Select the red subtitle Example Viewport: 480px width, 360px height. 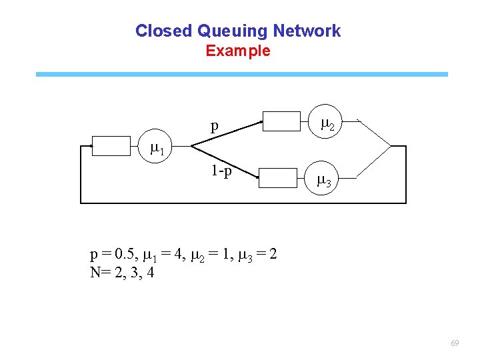pos(238,51)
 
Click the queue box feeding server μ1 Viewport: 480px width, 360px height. pos(111,145)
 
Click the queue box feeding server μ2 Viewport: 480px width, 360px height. pos(282,121)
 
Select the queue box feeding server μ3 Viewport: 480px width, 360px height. pos(277,178)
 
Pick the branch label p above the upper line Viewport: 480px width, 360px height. pos(214,125)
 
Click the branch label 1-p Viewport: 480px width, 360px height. pos(221,171)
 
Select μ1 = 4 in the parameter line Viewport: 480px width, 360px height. pos(164,255)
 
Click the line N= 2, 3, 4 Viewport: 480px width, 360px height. pos(122,272)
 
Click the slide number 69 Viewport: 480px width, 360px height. pos(455,343)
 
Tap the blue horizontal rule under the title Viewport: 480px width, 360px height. pos(241,75)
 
